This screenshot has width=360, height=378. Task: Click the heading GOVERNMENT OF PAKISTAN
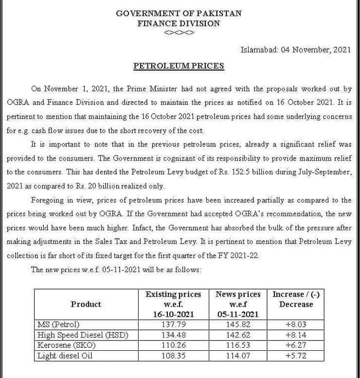(179, 13)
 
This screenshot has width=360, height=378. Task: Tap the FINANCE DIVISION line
(179, 23)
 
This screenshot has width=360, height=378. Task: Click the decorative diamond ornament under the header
(179, 33)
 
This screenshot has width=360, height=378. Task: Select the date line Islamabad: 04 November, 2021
(296, 50)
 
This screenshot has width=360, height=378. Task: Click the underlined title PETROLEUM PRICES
(179, 66)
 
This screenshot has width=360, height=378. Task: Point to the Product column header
(86, 304)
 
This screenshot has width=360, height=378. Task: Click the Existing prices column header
(173, 304)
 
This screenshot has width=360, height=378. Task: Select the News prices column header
(238, 304)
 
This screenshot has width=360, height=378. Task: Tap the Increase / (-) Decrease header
(296, 299)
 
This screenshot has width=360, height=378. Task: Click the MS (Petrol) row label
(58, 324)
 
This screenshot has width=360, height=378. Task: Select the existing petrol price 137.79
(173, 324)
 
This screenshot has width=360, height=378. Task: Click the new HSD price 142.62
(238, 335)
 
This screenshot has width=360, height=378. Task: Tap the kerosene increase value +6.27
(296, 345)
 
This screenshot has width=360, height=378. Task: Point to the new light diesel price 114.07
(238, 356)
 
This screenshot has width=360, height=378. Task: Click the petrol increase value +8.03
(296, 324)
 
